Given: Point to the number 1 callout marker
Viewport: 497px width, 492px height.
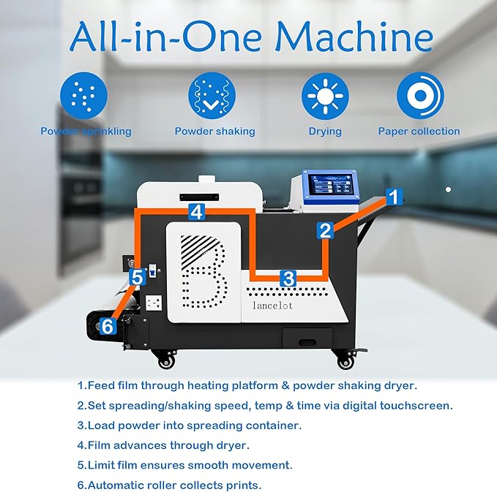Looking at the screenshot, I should (393, 196).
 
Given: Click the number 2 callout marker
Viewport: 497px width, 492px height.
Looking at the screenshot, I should (325, 231).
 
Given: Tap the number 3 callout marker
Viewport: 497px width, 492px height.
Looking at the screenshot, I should (288, 279).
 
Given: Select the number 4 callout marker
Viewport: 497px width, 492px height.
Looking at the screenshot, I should (195, 212).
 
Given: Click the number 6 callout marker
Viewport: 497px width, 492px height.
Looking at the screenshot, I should (108, 327).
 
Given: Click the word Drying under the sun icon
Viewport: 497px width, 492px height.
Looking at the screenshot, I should (325, 132).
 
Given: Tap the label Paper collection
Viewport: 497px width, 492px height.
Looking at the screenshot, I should (419, 132).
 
